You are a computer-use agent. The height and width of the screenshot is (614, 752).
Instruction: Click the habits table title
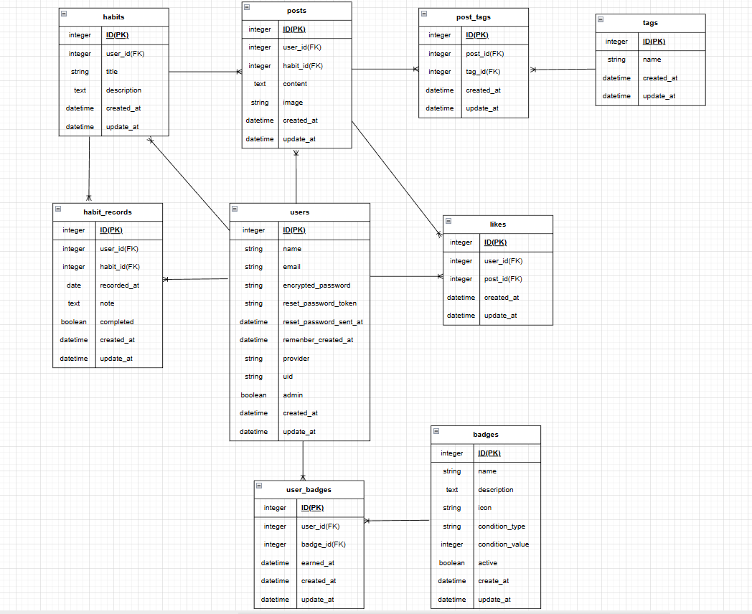click(x=113, y=17)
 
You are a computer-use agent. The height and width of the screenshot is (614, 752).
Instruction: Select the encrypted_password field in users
click(x=316, y=285)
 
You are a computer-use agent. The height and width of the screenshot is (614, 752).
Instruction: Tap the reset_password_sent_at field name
click(x=323, y=322)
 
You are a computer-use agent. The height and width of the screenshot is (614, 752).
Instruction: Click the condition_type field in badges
click(x=502, y=526)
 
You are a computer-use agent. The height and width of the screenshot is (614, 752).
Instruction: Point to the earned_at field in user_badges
click(x=318, y=563)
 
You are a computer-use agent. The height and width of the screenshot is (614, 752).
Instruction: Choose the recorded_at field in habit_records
click(x=119, y=285)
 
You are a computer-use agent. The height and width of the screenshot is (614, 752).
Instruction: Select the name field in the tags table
click(x=652, y=60)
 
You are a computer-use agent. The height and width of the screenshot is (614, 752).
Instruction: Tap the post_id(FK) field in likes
click(x=503, y=279)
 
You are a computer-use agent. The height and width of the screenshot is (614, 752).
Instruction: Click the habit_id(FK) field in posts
click(x=303, y=66)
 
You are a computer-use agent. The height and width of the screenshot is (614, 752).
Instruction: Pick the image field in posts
click(x=293, y=103)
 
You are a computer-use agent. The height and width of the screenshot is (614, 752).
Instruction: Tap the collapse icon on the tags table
click(x=601, y=19)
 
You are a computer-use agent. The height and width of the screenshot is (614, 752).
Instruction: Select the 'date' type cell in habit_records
click(x=73, y=285)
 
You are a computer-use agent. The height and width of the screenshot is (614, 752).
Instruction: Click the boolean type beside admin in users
click(x=253, y=395)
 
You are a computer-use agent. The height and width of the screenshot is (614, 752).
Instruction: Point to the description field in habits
click(x=123, y=90)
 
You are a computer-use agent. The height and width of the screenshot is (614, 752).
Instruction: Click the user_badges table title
click(x=309, y=490)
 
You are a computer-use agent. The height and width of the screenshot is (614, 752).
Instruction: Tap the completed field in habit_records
click(x=117, y=322)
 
